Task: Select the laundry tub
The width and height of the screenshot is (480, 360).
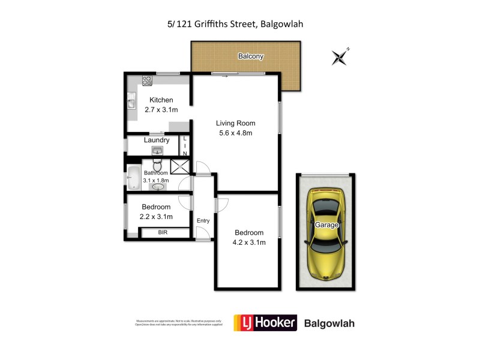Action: click(x=157, y=150)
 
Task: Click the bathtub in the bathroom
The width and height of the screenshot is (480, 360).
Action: click(x=133, y=177)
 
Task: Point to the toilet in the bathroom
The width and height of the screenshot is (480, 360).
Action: click(x=157, y=165)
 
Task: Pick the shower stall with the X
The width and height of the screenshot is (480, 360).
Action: click(x=179, y=166)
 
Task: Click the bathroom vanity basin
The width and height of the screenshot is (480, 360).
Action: click(x=158, y=187)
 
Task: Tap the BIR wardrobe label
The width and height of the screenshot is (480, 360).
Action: click(x=163, y=232)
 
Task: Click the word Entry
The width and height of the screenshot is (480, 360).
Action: click(x=203, y=221)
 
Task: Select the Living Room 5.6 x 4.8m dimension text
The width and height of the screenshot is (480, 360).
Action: click(x=235, y=133)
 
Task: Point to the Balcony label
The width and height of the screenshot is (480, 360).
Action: click(x=250, y=56)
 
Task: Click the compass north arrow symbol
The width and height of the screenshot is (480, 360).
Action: click(x=340, y=57)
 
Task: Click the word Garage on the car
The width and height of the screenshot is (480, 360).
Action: click(x=326, y=225)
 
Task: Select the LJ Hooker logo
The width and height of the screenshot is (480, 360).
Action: click(x=265, y=323)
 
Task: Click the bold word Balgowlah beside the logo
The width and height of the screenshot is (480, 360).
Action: click(x=330, y=323)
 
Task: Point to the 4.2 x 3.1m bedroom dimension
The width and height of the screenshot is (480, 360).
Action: click(x=249, y=242)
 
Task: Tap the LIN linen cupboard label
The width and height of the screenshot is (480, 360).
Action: click(x=185, y=146)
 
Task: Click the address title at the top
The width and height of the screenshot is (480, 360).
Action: click(x=240, y=25)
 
